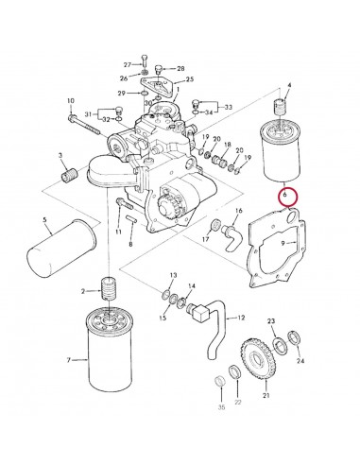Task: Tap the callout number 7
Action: [x=69, y=360]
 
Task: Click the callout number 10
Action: [x=70, y=100]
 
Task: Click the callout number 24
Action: [x=301, y=361]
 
